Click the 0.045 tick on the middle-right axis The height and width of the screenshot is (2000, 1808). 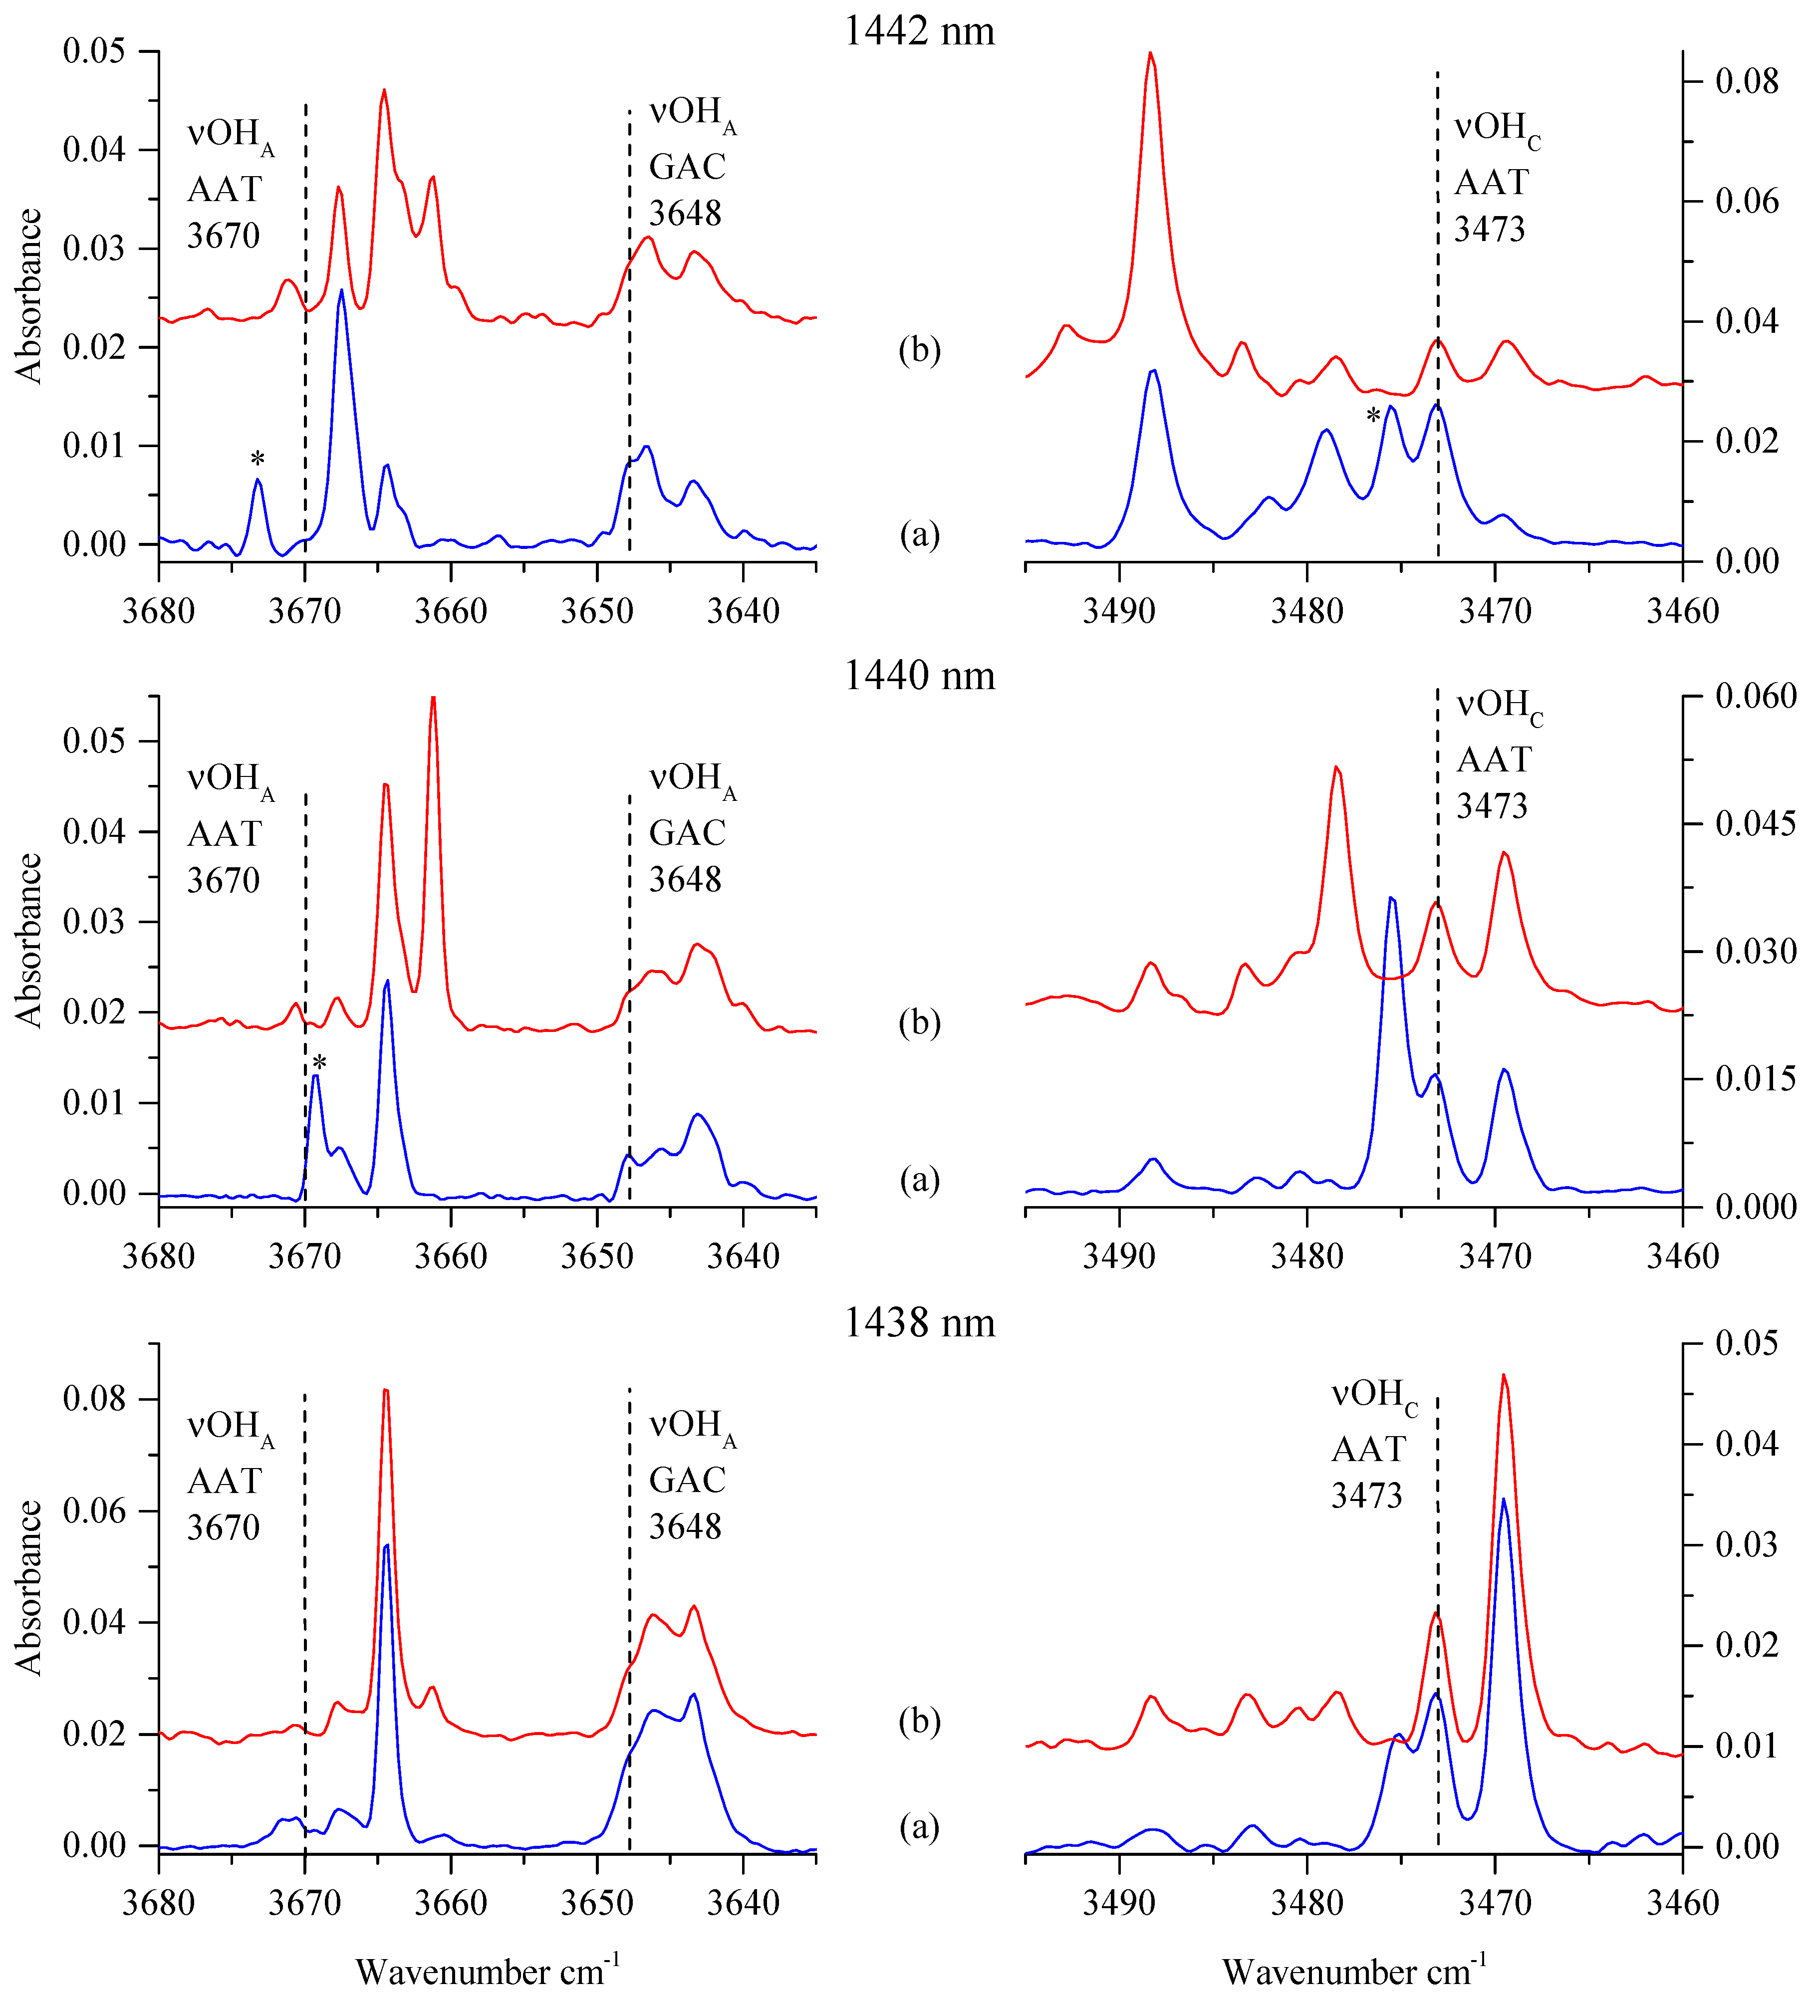tap(1755, 823)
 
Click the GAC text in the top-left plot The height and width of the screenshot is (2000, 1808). tap(687, 167)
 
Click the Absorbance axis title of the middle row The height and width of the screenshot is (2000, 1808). tap(30, 940)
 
